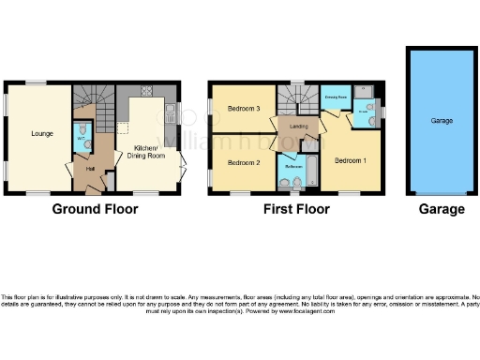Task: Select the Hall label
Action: (91, 169)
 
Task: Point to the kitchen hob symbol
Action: (147, 91)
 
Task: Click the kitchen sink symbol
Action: (171, 116)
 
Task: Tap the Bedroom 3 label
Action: (243, 108)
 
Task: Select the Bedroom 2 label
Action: (243, 162)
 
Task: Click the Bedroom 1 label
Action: (352, 160)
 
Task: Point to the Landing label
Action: (300, 127)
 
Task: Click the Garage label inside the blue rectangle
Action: (442, 121)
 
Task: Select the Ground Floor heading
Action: (91, 209)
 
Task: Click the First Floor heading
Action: (295, 209)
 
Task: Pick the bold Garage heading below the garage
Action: (441, 209)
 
